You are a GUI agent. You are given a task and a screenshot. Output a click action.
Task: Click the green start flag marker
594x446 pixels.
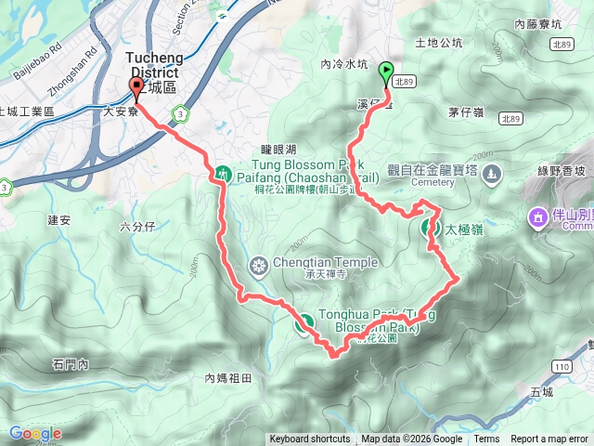385,70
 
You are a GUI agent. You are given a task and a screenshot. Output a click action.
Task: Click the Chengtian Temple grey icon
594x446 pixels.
260,269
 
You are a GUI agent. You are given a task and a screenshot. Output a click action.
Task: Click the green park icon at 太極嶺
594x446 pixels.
432,228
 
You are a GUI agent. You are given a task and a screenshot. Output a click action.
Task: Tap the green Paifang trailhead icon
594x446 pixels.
223,172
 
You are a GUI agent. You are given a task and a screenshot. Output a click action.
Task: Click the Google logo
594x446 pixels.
35,434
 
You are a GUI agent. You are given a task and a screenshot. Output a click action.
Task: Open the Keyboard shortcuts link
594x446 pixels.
310,439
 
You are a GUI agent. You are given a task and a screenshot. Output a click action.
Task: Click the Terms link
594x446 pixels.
486,439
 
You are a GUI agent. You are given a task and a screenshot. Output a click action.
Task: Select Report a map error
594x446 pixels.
549,439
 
